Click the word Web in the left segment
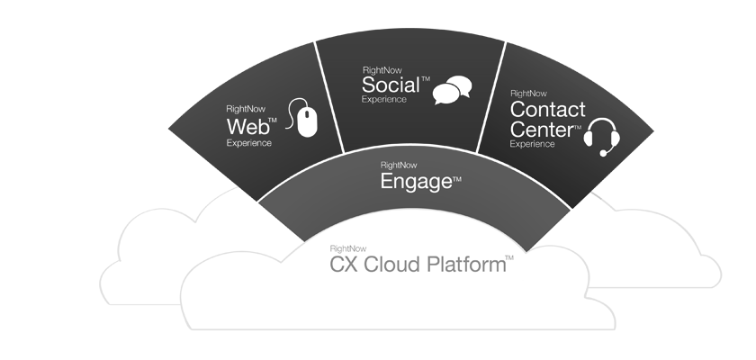pos(247,127)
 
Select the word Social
pos(391,85)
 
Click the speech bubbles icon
pos(452,90)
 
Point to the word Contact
pos(548,110)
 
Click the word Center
pos(542,130)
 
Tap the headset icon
pos(602,137)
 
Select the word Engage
pos(417,182)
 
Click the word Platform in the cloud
pos(467,265)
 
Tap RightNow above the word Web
pos(246,110)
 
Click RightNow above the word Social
pos(382,71)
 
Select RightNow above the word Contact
pos(528,94)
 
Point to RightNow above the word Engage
pos(399,166)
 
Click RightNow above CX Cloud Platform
pos(348,248)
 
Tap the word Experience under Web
pos(248,143)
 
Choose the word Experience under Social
pos(384,100)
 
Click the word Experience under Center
pos(532,144)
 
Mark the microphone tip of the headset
pos(603,153)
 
